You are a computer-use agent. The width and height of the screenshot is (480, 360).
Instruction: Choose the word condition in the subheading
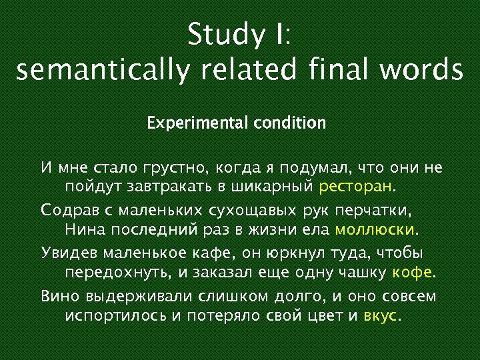(x=289, y=123)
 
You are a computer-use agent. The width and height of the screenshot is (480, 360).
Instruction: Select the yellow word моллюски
(x=375, y=230)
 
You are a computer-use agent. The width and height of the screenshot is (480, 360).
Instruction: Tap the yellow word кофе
(x=412, y=273)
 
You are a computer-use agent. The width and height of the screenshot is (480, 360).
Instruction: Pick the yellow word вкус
(x=380, y=315)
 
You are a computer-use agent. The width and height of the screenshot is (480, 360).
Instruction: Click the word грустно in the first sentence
(x=177, y=167)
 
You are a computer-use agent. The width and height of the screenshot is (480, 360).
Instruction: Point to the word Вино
(x=58, y=296)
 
